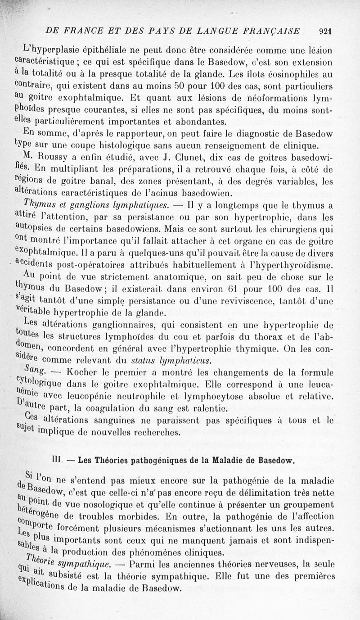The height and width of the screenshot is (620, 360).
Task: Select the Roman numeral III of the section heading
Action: click(x=57, y=460)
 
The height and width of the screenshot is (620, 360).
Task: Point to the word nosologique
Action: click(x=123, y=505)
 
